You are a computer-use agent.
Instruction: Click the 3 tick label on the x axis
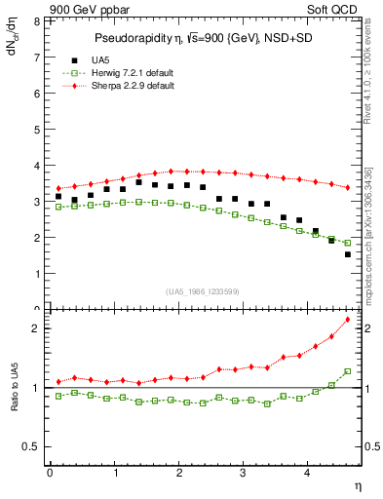tap(244, 472)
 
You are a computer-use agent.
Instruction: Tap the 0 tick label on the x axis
tap(50, 472)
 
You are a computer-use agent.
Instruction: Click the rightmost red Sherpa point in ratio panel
tap(348, 320)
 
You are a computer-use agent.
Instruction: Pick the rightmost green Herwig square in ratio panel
tap(348, 370)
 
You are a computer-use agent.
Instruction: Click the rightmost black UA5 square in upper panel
tap(348, 254)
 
